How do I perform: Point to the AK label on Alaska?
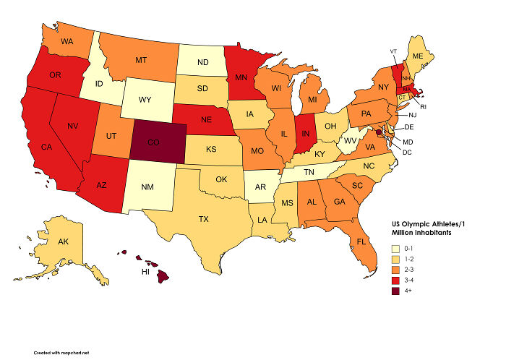click(63, 241)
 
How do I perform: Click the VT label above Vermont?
click(393, 51)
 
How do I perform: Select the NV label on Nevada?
click(72, 125)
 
